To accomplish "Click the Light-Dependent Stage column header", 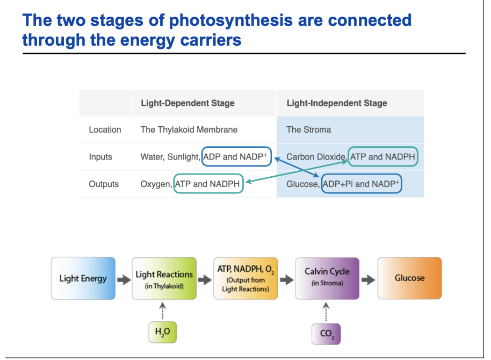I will click(x=187, y=103).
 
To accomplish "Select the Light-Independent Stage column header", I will click(x=337, y=103).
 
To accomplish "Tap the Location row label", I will click(x=105, y=129).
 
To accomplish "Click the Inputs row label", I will click(x=100, y=157).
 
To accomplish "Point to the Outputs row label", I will click(x=104, y=184).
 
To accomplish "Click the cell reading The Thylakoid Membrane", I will click(x=189, y=129).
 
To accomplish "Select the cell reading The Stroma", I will click(x=308, y=129).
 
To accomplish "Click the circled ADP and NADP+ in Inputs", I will click(x=236, y=157).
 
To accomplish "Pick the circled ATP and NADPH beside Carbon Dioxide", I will click(x=383, y=157).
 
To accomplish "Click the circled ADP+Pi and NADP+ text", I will click(x=362, y=184).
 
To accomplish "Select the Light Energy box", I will click(x=83, y=278).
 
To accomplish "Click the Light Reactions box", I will click(x=164, y=278).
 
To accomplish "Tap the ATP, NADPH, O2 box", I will click(x=245, y=278).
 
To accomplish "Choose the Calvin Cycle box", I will click(x=327, y=278).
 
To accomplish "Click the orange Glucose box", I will click(x=409, y=278).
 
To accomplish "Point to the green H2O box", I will click(x=162, y=333).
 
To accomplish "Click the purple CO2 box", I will click(x=326, y=334).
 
